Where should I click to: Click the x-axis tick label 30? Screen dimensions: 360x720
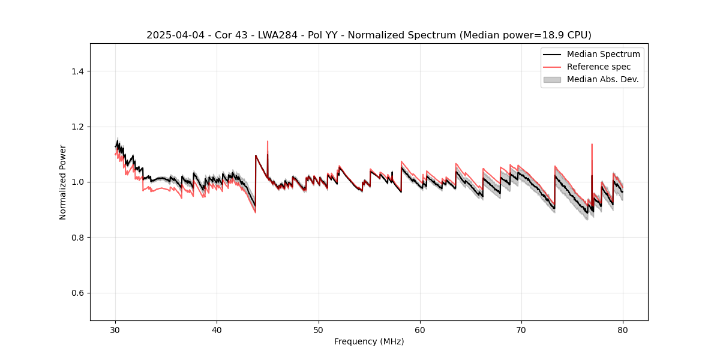coord(116,330)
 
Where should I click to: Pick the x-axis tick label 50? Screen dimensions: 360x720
coord(319,330)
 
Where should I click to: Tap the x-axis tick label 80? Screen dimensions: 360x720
coord(623,330)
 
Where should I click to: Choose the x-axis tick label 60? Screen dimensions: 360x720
coord(420,330)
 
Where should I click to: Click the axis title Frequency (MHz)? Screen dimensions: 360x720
coord(369,341)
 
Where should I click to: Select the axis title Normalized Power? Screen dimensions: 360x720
coord(63,182)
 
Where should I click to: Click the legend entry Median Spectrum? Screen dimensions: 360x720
coord(603,54)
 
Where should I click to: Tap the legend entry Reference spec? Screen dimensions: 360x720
coord(598,67)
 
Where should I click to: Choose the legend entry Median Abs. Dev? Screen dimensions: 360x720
coord(602,79)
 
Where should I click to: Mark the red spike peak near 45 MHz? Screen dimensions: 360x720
coord(268,142)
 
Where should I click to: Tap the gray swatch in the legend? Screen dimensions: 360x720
coord(552,79)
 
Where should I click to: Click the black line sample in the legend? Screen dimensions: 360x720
coord(552,54)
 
